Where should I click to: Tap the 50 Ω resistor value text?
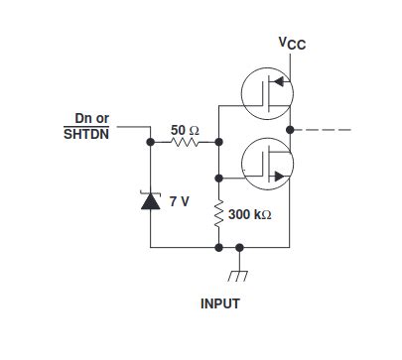click(186, 129)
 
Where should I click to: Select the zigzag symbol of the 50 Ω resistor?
click(186, 143)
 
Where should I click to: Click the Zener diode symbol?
click(150, 201)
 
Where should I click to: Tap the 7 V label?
click(180, 201)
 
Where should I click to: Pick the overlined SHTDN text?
click(86, 134)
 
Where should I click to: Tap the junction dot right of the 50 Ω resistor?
click(219, 143)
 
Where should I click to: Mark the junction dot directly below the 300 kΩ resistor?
click(219, 246)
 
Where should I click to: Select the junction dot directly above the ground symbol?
click(239, 246)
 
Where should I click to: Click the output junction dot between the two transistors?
click(289, 130)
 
